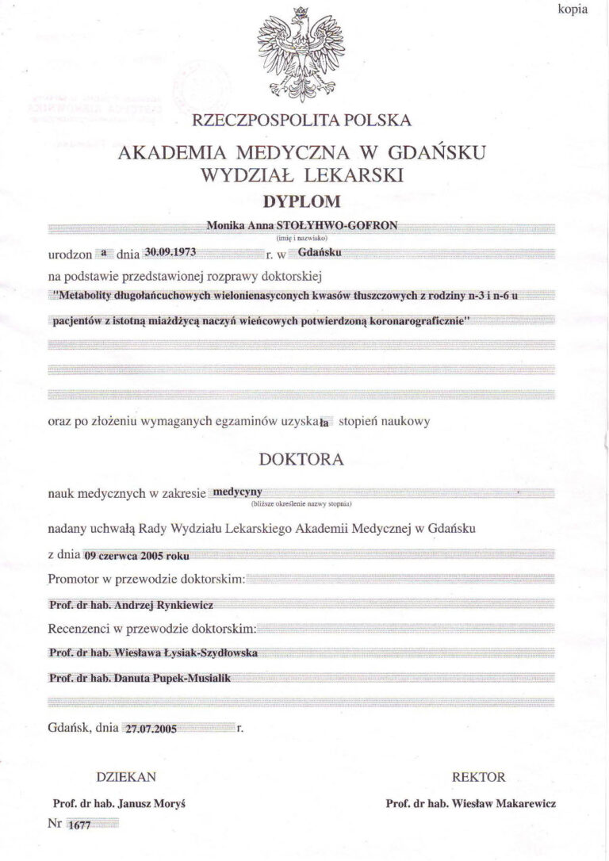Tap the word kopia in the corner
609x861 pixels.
point(573,9)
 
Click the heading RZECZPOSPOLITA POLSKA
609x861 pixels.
point(301,121)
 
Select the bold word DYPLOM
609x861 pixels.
point(301,201)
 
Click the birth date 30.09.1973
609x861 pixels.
point(170,252)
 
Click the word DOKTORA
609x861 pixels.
point(301,459)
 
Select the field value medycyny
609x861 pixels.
point(238,492)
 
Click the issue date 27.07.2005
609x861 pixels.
point(149,728)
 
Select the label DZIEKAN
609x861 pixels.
point(126,777)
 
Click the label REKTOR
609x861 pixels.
point(478,777)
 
